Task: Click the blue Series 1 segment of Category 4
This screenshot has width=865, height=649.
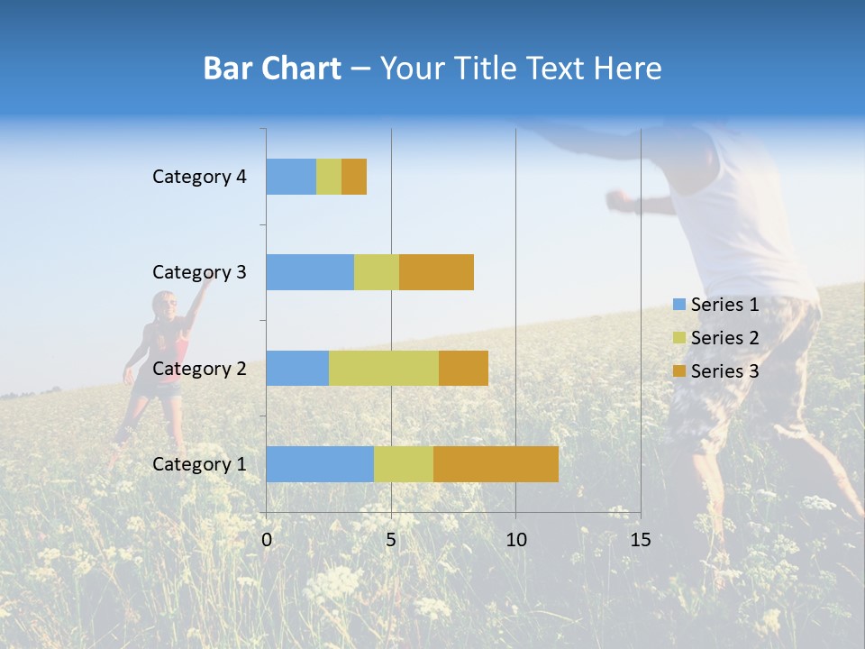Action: [291, 177]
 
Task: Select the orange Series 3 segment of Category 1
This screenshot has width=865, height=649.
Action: [496, 464]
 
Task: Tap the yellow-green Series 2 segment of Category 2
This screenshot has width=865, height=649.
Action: [384, 368]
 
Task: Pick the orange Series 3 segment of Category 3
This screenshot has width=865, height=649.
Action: [436, 272]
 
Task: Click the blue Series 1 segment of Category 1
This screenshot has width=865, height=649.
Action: [320, 464]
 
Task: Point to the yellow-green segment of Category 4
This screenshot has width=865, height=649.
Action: [329, 177]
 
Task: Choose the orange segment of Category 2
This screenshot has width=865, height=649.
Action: [463, 368]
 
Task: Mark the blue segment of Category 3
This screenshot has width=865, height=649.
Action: [310, 272]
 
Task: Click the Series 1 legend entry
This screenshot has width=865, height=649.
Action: [716, 305]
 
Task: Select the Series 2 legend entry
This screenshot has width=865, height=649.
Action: [716, 338]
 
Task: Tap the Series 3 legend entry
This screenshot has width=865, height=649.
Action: [716, 371]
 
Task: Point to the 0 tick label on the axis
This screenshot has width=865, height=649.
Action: [267, 540]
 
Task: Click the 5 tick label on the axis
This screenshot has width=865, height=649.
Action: [391, 540]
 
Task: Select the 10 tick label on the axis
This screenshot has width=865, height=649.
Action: [515, 540]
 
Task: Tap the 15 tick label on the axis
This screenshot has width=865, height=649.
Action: [640, 540]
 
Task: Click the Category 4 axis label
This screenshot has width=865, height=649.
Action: [199, 177]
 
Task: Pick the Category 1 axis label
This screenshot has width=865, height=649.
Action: [199, 464]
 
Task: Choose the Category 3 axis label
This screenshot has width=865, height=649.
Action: [199, 272]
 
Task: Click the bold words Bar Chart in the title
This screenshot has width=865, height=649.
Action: [271, 69]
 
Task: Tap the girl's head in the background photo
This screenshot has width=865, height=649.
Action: [165, 305]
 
